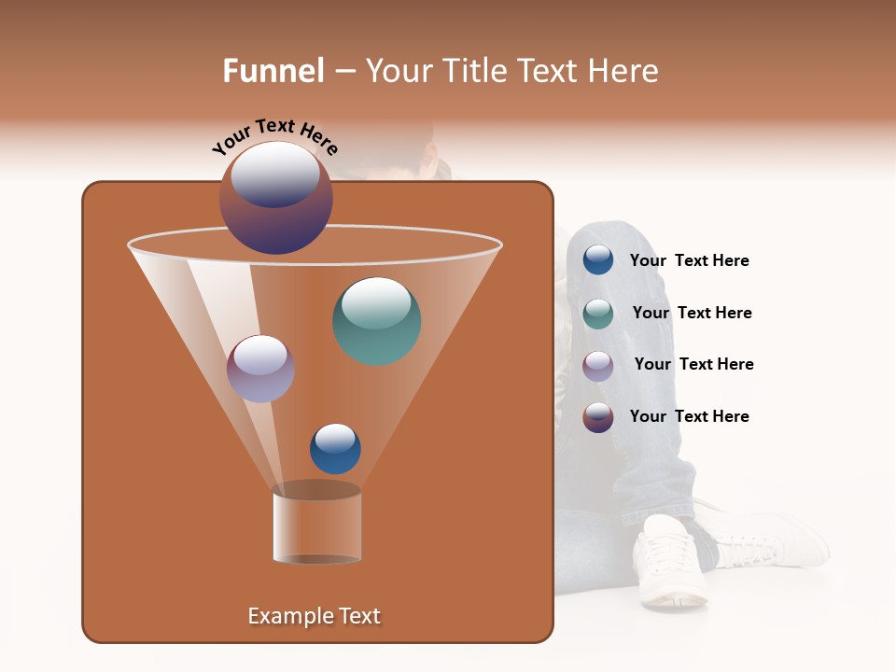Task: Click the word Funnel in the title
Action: (x=273, y=71)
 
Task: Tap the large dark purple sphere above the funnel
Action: (x=275, y=198)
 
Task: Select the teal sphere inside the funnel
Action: (x=376, y=320)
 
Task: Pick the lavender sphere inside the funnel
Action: (x=260, y=369)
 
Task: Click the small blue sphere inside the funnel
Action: (x=335, y=448)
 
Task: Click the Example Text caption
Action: (x=314, y=616)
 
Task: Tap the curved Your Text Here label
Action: (x=274, y=136)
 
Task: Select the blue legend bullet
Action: (x=597, y=260)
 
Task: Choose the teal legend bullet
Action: (x=597, y=313)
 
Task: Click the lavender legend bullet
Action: (x=597, y=365)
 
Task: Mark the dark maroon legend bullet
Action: (x=597, y=417)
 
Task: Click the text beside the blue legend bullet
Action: (x=689, y=261)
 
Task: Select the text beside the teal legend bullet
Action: (x=692, y=314)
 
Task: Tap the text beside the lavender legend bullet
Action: (x=693, y=365)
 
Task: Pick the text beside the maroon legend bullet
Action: (x=689, y=417)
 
